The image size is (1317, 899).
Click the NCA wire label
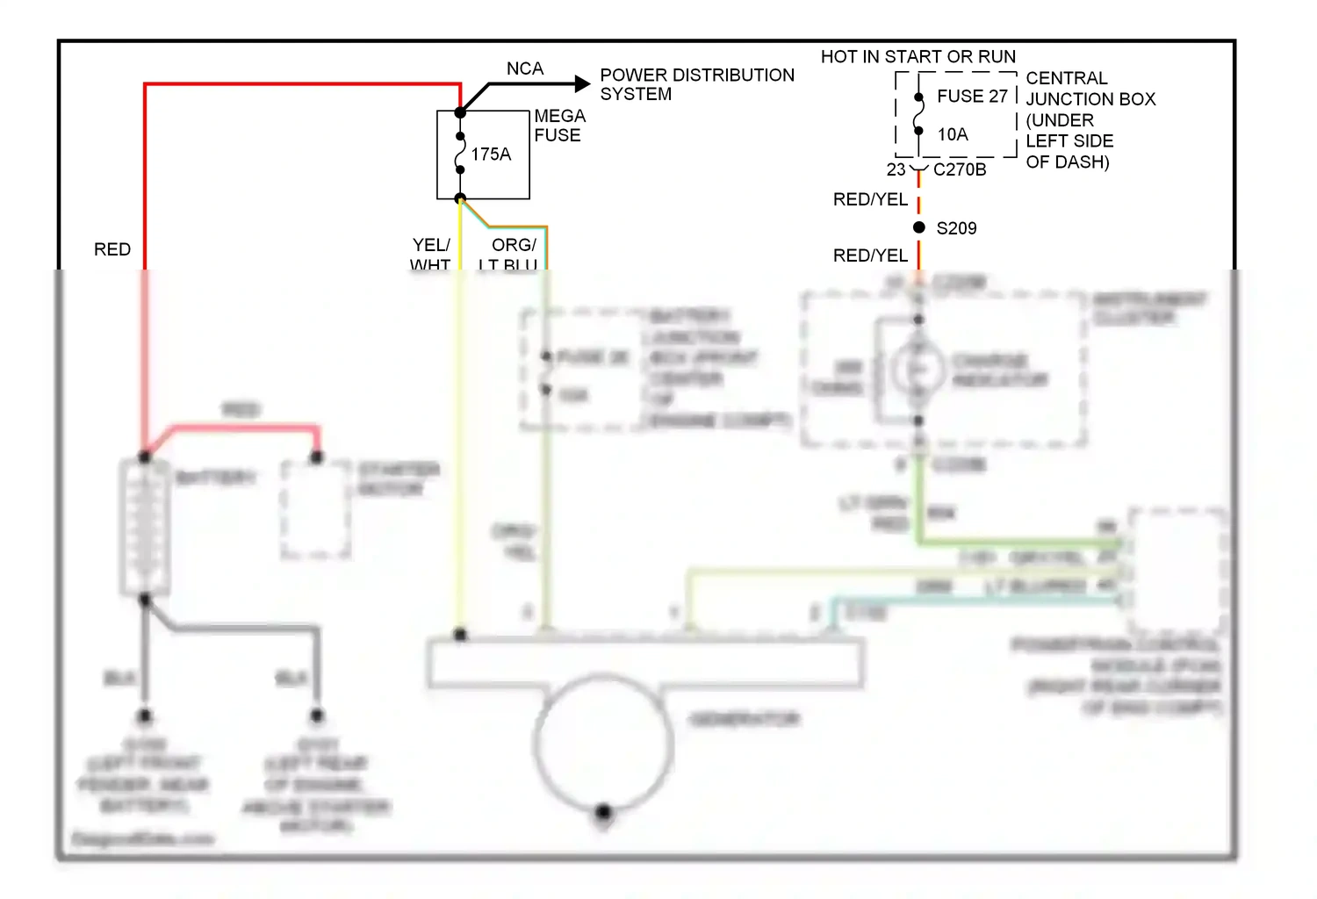click(524, 68)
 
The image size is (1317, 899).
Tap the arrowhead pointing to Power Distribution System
click(581, 84)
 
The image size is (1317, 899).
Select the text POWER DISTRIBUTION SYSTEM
click(696, 84)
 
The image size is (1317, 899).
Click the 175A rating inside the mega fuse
click(491, 155)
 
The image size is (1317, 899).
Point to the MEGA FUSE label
click(559, 126)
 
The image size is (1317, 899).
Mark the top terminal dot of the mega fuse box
click(460, 112)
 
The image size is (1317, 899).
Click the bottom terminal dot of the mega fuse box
click(460, 198)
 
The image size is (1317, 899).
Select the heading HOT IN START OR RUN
click(918, 57)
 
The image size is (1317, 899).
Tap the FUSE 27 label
click(972, 97)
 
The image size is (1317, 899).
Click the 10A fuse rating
click(953, 134)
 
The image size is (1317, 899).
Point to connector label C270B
click(960, 169)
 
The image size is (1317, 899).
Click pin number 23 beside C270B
click(896, 169)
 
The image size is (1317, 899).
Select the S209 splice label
click(956, 228)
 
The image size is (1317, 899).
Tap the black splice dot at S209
click(919, 227)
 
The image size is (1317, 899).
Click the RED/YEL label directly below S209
click(870, 255)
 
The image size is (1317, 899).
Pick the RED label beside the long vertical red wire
click(112, 249)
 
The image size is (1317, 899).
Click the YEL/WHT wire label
click(431, 254)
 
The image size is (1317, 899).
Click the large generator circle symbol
click(603, 743)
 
